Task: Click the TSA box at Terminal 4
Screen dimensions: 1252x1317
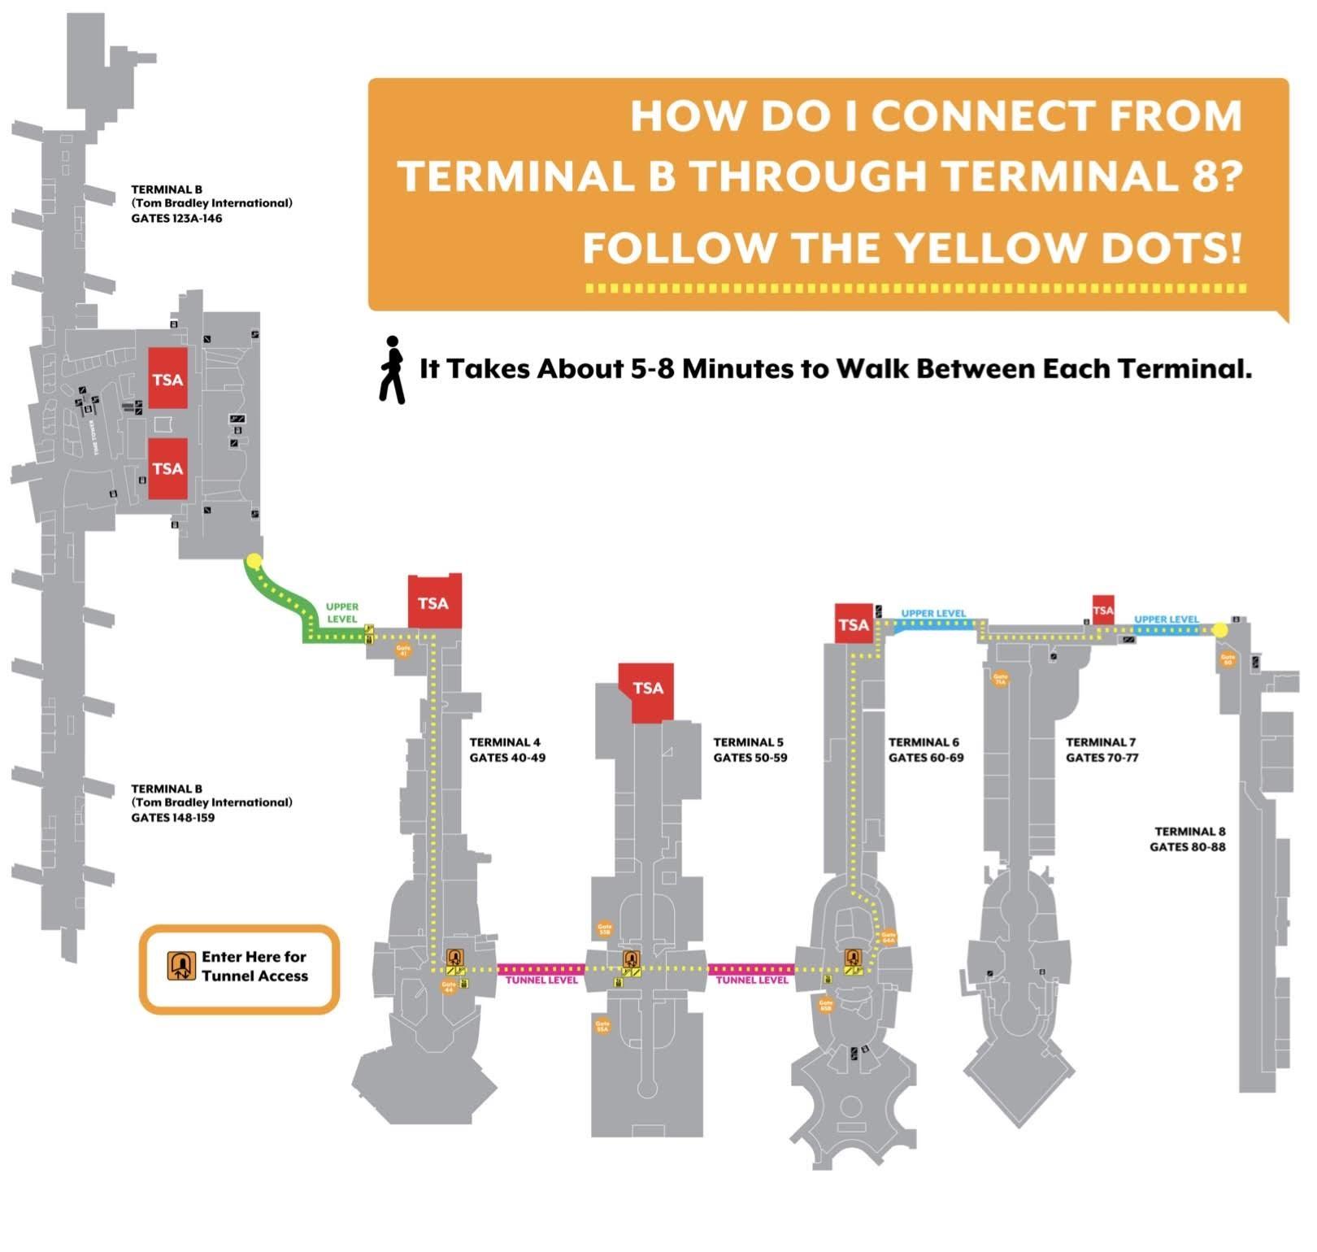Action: (434, 602)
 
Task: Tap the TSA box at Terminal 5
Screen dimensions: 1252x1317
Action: (648, 689)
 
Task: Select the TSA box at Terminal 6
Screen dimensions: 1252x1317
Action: (854, 624)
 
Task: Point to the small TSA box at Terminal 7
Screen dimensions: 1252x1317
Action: (1103, 610)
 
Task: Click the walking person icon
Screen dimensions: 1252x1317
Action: (392, 370)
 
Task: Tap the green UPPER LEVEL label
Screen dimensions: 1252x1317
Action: (342, 613)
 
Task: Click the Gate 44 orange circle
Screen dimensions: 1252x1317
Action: (448, 987)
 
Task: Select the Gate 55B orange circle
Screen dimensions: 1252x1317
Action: (604, 928)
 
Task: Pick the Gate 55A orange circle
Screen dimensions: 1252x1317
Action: (602, 1026)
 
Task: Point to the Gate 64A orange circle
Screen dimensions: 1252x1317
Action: (889, 937)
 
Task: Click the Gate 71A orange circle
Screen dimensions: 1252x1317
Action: (1000, 678)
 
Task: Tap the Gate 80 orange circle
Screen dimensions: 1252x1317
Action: (1228, 659)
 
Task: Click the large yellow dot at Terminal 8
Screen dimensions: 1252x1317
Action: (1219, 629)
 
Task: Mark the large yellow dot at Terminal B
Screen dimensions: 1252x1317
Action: (254, 560)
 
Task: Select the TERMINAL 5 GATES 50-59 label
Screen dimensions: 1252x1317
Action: (750, 750)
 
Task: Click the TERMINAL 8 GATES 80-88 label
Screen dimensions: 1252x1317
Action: (1188, 839)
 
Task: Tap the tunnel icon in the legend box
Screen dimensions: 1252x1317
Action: (181, 966)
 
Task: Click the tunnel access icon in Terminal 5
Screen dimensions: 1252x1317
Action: (631, 959)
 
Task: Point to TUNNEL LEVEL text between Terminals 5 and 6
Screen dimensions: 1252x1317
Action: (752, 980)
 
